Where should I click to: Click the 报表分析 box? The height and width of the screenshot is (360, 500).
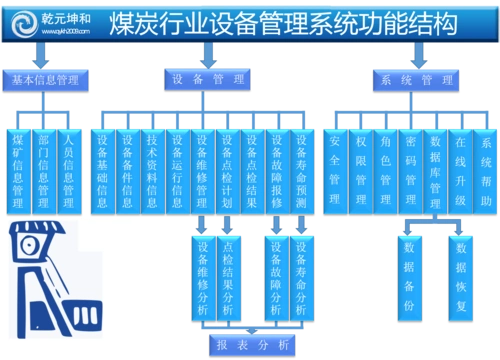[252, 344]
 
